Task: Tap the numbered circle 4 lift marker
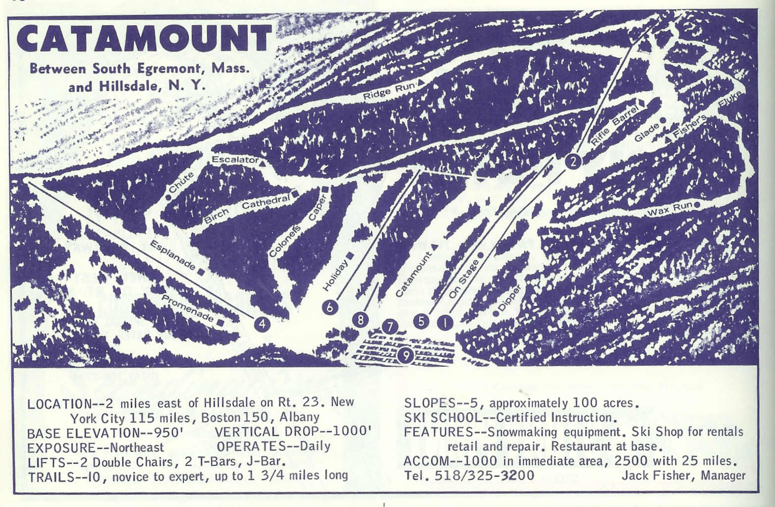coord(262,324)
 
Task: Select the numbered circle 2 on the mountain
coord(573,161)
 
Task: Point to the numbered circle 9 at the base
coord(405,355)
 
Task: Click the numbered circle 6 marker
coord(330,307)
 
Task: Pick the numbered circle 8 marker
coord(360,320)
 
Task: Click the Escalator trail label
coord(235,160)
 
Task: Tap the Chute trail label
coord(180,183)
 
